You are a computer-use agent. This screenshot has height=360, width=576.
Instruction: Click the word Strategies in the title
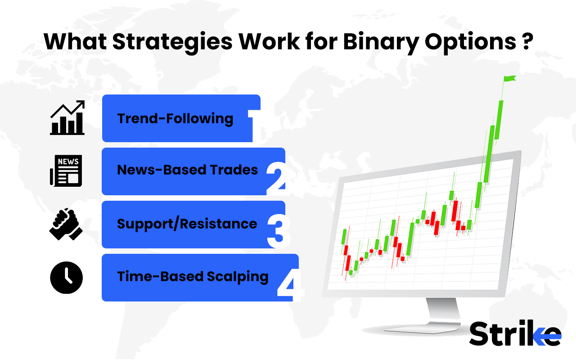pyautogui.click(x=172, y=42)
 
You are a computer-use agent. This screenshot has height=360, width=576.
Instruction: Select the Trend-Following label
pyautogui.click(x=175, y=119)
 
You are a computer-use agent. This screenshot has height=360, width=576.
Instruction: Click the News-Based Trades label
pyautogui.click(x=187, y=170)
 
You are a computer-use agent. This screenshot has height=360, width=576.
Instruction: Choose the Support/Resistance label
pyautogui.click(x=187, y=224)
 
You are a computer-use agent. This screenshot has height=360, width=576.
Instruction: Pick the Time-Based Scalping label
pyautogui.click(x=193, y=276)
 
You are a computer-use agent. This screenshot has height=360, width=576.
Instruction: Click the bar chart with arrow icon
pyautogui.click(x=67, y=117)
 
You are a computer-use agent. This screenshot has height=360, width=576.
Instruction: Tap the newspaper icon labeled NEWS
pyautogui.click(x=66, y=170)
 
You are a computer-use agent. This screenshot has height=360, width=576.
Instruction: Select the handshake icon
pyautogui.click(x=66, y=224)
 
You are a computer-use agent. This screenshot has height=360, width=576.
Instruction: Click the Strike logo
pyautogui.click(x=515, y=333)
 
